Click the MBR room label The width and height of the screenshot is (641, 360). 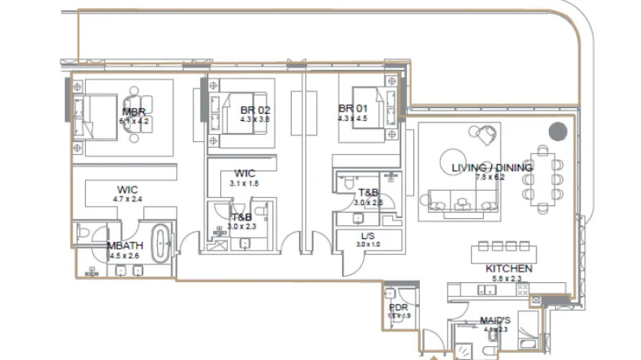coord(134,112)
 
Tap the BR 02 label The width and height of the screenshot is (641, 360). coord(255,109)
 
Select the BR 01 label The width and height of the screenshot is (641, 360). coord(353,109)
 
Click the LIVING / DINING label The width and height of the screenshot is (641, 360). coord(492,168)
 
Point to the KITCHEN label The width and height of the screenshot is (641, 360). coord(508,269)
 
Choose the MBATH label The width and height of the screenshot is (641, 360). coord(124,246)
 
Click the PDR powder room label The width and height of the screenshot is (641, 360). coord(398,307)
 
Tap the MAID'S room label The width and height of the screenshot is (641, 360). coord(496,320)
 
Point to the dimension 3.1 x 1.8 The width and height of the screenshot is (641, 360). coord(243,183)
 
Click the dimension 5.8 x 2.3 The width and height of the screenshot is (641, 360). coord(508,278)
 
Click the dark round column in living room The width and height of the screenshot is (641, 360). coord(557,132)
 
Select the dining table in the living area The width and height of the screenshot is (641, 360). coord(544,176)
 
